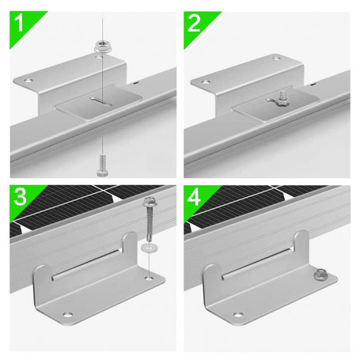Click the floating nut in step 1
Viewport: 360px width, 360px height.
pyautogui.click(x=100, y=47)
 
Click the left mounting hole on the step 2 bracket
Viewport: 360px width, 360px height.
pyautogui.click(x=207, y=80)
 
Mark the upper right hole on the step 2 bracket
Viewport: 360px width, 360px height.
pyautogui.click(x=275, y=58)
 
